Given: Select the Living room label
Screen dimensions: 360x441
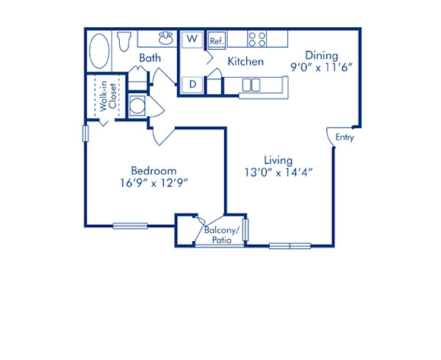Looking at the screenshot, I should [x=279, y=160].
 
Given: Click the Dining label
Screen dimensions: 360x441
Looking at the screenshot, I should [x=323, y=55].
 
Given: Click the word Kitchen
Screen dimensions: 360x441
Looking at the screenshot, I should [x=245, y=62].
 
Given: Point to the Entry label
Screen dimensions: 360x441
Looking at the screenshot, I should [x=344, y=137].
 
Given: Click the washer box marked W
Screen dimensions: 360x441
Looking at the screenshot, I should [x=192, y=39].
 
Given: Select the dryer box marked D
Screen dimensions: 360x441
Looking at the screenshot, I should [x=192, y=85].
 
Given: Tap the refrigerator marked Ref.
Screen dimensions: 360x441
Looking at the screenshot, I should [x=216, y=40].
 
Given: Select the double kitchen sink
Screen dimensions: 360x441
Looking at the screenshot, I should [x=251, y=85].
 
